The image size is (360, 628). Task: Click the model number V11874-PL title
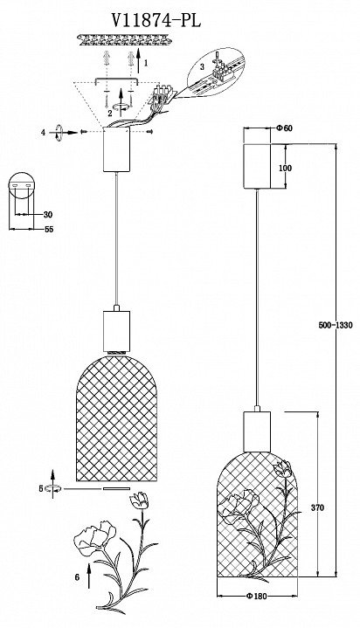pos(156,19)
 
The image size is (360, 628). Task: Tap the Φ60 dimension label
pos(285,128)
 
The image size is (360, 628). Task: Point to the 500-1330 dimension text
pos(336,325)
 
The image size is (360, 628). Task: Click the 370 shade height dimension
pos(317,507)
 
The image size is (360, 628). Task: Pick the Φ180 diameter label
pos(257,597)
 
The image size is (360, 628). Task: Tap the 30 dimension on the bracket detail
pos(48,215)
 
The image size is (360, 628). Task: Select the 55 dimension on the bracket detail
pos(49,229)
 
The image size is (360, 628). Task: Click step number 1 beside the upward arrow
pos(146,63)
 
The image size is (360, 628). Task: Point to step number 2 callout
pos(110,113)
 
